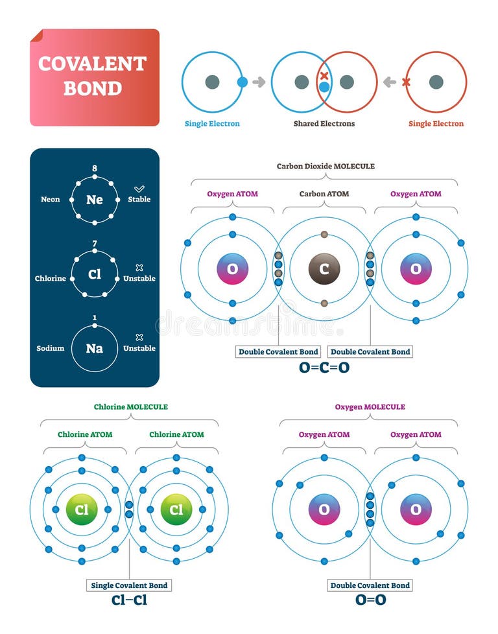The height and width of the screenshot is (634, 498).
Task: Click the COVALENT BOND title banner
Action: (x=94, y=76)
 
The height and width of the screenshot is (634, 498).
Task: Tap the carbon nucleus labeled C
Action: (x=324, y=268)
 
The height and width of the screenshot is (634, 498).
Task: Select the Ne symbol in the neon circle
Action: (x=95, y=200)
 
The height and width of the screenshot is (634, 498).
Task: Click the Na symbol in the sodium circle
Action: (x=95, y=348)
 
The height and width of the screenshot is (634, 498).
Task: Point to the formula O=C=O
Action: (x=324, y=367)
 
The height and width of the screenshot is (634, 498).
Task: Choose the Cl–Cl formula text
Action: (x=129, y=600)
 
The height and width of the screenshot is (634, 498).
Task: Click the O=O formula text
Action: (x=370, y=600)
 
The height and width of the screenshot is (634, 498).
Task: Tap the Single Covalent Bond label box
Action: (x=129, y=585)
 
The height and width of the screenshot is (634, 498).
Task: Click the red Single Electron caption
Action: (x=436, y=124)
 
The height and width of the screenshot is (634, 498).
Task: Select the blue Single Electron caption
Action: (x=212, y=124)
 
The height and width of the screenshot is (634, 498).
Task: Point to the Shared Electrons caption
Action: (x=324, y=124)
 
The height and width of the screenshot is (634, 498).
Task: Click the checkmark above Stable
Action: (x=139, y=188)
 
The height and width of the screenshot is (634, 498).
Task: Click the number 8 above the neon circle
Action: (x=95, y=169)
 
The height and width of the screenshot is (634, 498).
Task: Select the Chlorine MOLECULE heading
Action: (x=130, y=407)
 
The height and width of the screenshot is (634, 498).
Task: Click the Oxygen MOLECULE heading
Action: (x=370, y=407)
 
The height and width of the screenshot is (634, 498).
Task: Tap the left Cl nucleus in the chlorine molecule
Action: (x=82, y=510)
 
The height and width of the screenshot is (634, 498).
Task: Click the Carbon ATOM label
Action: (x=324, y=194)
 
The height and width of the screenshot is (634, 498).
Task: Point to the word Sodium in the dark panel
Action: (x=51, y=348)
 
